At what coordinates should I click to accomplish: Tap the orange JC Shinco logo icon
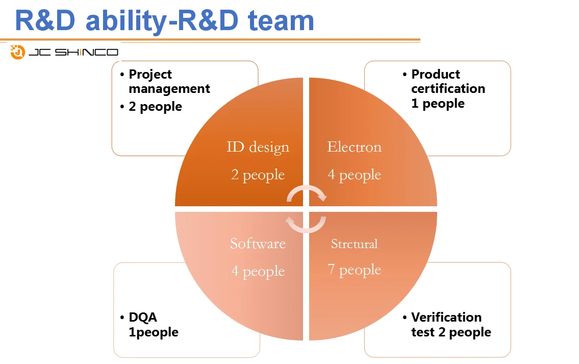click(x=18, y=52)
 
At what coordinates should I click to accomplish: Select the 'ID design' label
click(x=258, y=147)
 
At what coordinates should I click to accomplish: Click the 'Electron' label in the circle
click(x=354, y=147)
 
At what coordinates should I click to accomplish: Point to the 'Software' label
click(x=258, y=243)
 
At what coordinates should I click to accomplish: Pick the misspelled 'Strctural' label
click(x=354, y=244)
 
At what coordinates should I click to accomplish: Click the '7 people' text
click(x=354, y=270)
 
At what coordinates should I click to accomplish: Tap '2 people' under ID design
click(x=258, y=175)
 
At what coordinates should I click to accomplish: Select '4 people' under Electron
click(x=354, y=175)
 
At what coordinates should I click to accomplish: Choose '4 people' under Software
click(x=258, y=271)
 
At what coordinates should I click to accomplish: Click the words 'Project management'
click(x=169, y=81)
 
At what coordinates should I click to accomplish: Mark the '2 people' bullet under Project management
click(x=155, y=106)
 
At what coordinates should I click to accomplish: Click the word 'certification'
click(x=448, y=88)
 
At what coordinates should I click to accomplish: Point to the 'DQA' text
click(x=143, y=317)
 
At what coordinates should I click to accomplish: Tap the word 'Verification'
click(x=446, y=317)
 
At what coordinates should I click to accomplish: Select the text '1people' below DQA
click(x=154, y=332)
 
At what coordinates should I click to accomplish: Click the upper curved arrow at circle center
click(x=307, y=193)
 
